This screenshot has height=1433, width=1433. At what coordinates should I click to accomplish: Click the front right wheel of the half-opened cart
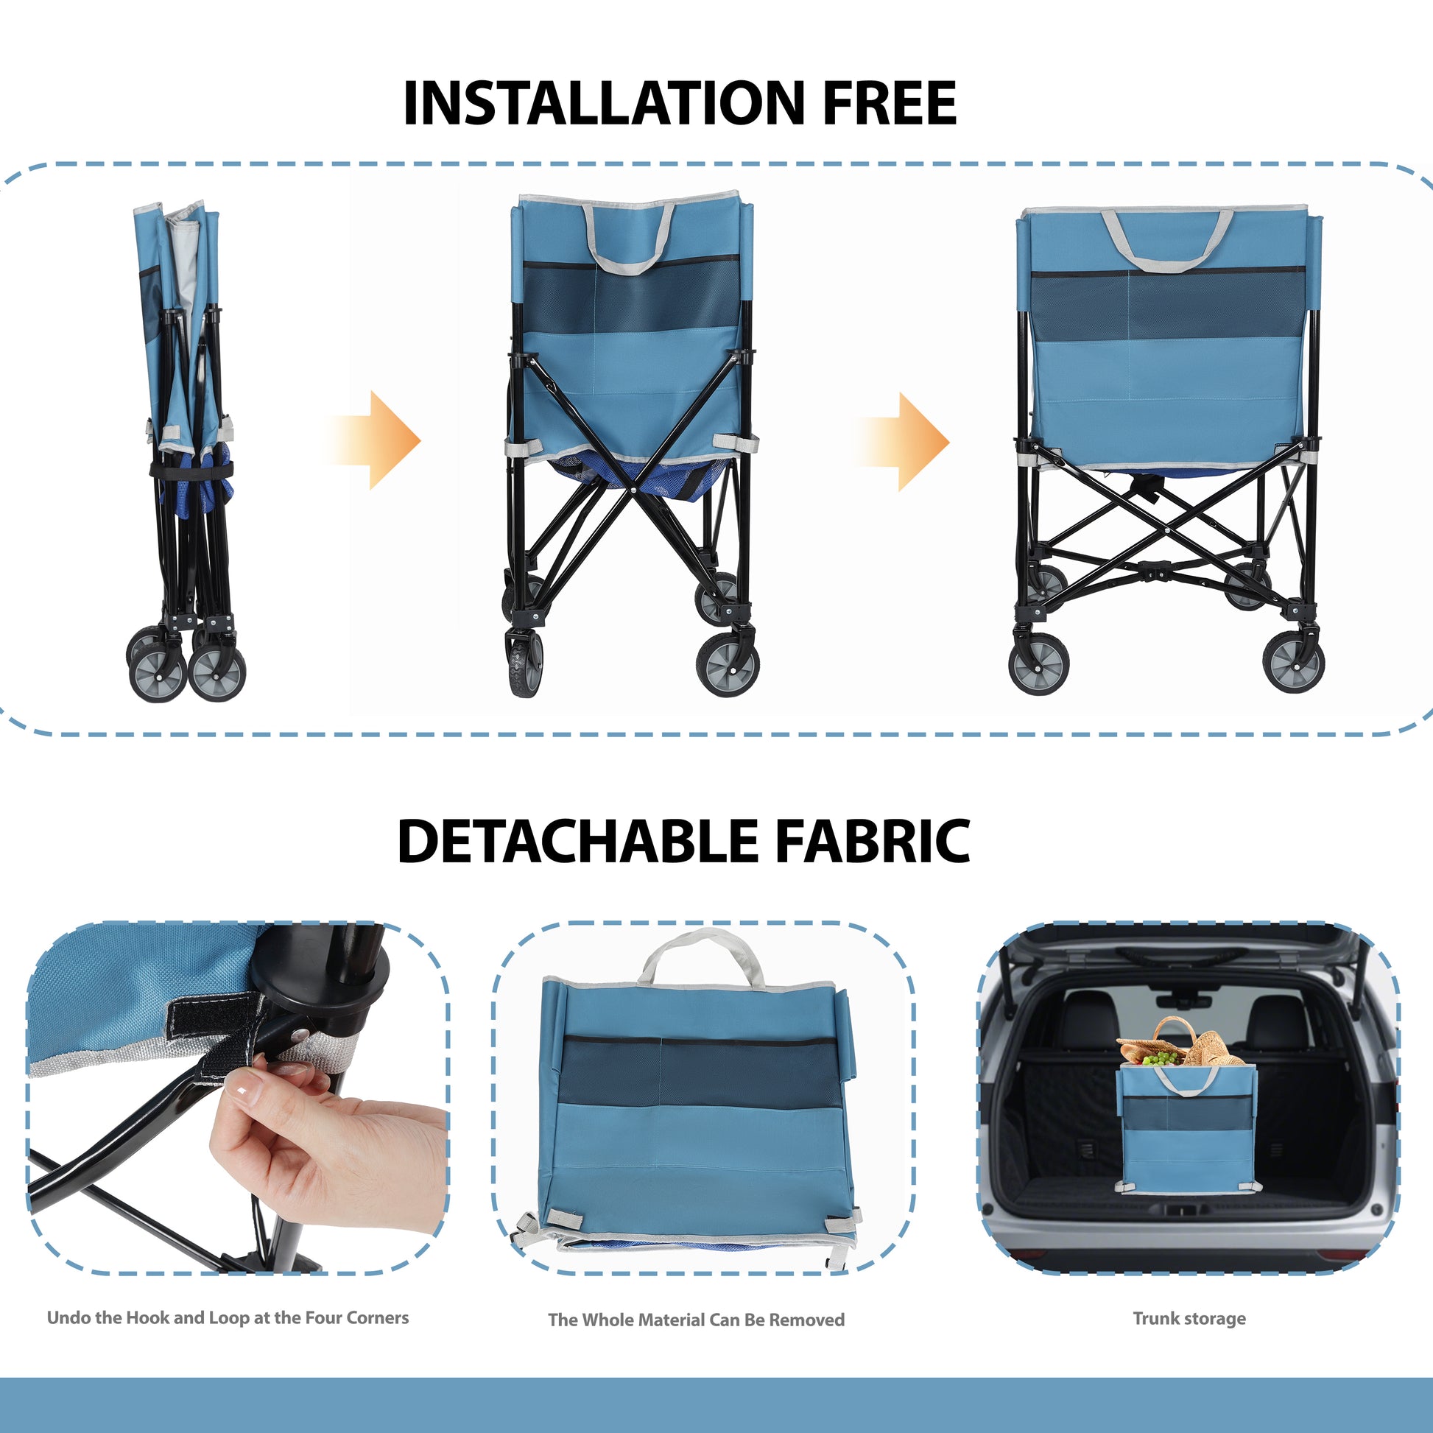click(728, 664)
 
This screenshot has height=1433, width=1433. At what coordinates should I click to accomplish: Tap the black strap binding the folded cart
click(191, 470)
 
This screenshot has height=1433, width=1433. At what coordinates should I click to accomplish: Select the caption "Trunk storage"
click(1189, 1318)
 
